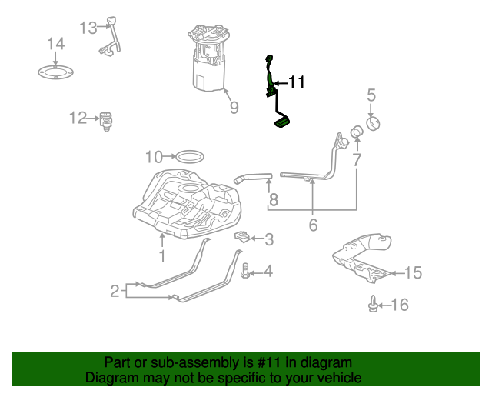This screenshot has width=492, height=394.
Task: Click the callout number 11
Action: click(296, 82)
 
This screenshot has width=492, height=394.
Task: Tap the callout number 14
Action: click(55, 44)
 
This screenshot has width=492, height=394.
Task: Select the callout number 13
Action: click(88, 28)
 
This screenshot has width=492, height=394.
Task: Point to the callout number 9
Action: click(234, 108)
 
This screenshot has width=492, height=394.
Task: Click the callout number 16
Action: click(400, 306)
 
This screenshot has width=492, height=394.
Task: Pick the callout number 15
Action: click(413, 272)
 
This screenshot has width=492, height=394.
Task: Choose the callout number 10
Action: click(155, 157)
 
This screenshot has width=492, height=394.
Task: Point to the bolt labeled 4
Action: click(245, 272)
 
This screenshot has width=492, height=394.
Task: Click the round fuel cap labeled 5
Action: click(375, 123)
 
